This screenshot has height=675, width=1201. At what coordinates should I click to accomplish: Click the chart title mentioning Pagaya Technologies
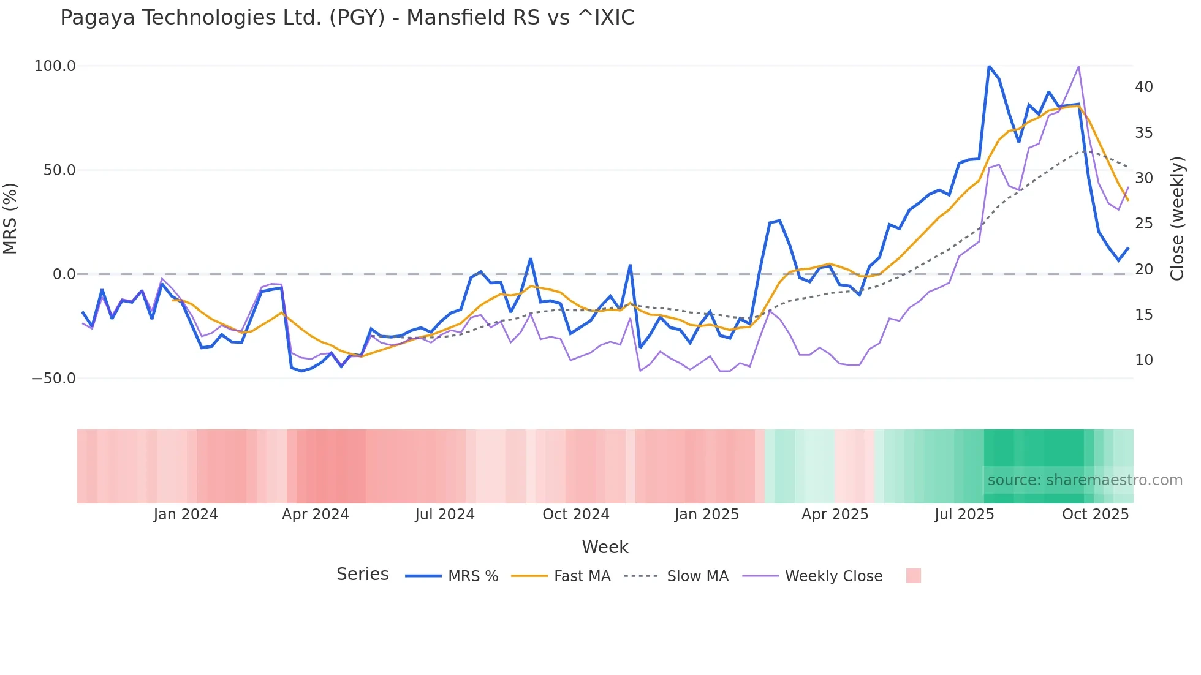[x=347, y=18]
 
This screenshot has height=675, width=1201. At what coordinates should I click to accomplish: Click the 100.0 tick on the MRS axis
[x=55, y=66]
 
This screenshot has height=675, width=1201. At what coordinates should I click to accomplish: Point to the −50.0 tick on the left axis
[x=54, y=379]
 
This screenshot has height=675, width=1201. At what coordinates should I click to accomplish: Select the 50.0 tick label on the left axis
[x=59, y=170]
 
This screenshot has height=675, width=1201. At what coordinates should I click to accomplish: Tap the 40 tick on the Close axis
[x=1143, y=87]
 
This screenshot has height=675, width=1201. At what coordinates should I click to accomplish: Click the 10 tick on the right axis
[x=1143, y=360]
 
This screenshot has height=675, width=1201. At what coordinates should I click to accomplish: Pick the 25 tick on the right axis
[x=1143, y=224]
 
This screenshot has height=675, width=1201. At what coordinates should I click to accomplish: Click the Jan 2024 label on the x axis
[x=185, y=515]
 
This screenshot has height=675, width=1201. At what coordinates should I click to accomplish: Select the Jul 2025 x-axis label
[x=964, y=515]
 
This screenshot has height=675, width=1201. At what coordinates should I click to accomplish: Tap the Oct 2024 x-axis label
[x=575, y=515]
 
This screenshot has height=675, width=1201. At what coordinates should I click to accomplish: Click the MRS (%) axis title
[x=10, y=219]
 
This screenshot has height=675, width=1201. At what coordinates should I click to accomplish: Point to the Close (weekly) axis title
[x=1177, y=219]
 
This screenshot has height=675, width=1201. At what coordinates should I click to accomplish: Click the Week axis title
[x=605, y=547]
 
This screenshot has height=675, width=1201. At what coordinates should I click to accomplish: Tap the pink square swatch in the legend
[x=913, y=576]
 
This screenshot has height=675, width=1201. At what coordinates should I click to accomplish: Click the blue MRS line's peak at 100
[x=989, y=66]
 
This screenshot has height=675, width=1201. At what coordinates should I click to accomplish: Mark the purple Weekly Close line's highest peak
[x=1078, y=66]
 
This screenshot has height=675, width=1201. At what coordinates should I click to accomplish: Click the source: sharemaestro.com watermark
[x=1085, y=480]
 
